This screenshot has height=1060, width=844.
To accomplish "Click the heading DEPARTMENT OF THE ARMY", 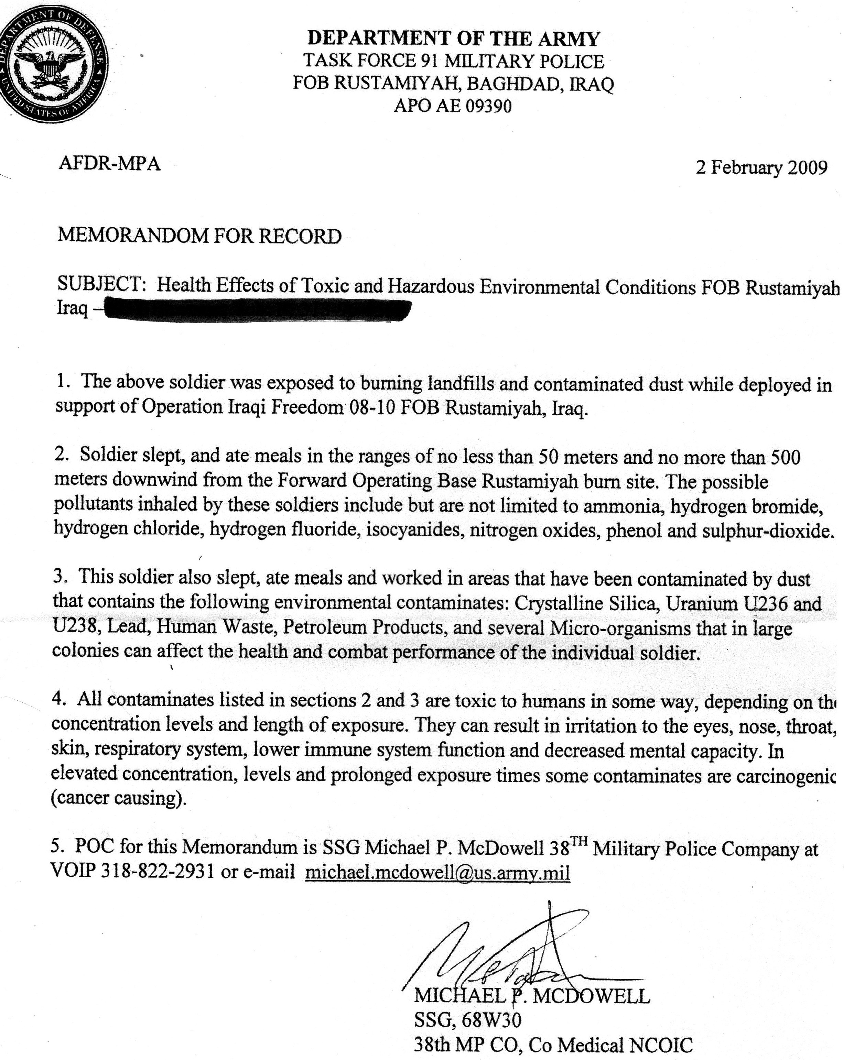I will pyautogui.click(x=453, y=39).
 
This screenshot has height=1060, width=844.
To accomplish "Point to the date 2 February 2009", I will pyautogui.click(x=761, y=168).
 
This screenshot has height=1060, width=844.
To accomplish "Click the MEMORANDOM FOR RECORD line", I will pyautogui.click(x=199, y=236).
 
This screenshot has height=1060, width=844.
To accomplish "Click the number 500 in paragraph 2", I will pyautogui.click(x=785, y=457).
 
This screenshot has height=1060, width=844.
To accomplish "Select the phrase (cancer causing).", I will pyautogui.click(x=119, y=797).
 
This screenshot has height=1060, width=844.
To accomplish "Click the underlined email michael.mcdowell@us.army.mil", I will pyautogui.click(x=437, y=873).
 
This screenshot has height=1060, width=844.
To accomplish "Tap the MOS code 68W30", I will pyautogui.click(x=490, y=1021).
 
